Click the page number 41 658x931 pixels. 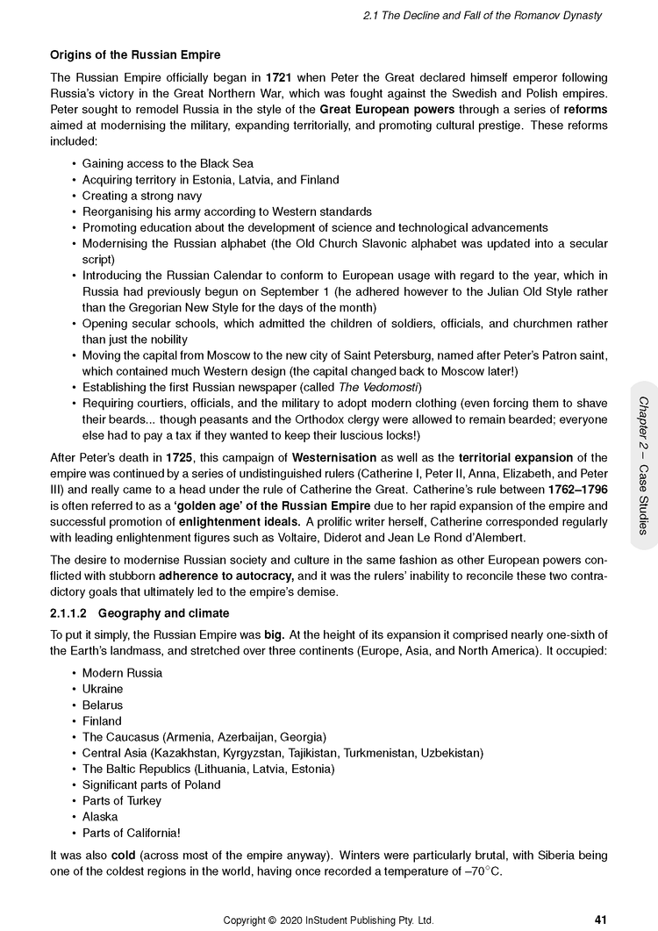600,920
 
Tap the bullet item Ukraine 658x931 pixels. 103,689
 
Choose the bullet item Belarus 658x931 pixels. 103,705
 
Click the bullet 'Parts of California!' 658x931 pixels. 132,833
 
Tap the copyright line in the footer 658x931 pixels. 329,920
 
